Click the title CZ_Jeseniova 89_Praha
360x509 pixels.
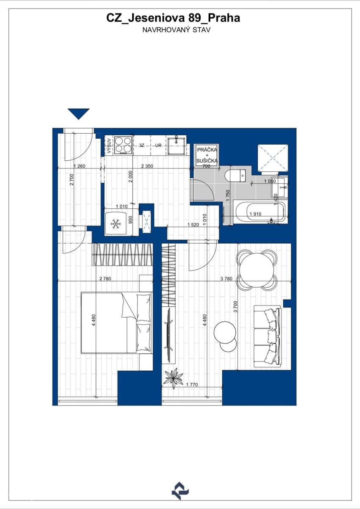[x=173, y=18]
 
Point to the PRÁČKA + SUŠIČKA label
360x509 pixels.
[x=207, y=155]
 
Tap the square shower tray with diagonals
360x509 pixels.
[x=273, y=158]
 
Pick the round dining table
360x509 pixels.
[x=257, y=270]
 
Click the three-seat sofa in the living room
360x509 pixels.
[x=268, y=337]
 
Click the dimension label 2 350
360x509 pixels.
[x=147, y=166]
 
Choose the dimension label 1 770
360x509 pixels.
[x=193, y=385]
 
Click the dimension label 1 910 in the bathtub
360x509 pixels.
[x=255, y=214]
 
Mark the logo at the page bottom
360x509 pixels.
[x=180, y=490]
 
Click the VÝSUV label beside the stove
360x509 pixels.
[x=109, y=145]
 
